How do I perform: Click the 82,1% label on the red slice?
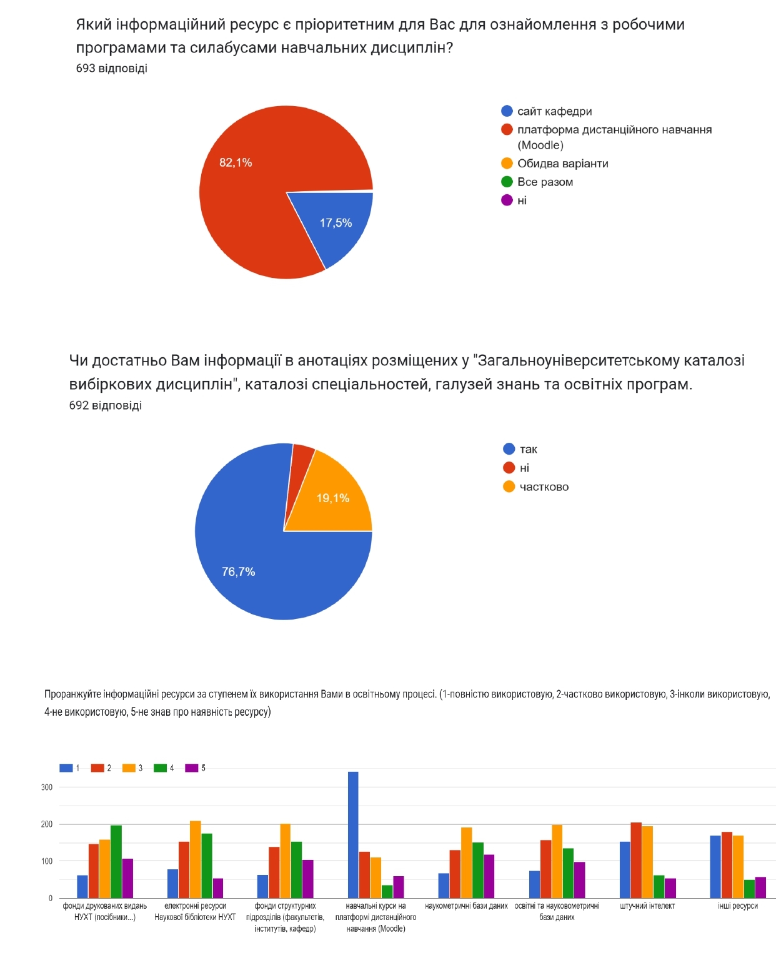[236, 163]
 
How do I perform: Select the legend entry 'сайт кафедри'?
[554, 111]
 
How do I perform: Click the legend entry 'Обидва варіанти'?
[562, 164]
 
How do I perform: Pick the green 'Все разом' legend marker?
[507, 182]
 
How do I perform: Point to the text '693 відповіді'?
[111, 69]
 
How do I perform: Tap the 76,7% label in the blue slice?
[238, 571]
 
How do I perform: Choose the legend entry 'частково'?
[544, 487]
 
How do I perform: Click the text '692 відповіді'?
[105, 405]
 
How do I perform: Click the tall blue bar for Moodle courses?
[353, 834]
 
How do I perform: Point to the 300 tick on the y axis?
[47, 788]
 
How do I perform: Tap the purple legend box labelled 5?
[191, 768]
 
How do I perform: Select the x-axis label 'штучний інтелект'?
[647, 906]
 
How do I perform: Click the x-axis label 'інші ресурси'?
[737, 906]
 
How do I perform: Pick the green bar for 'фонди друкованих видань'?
[116, 861]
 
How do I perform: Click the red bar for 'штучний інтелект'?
[636, 860]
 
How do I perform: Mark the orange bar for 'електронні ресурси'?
[196, 859]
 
